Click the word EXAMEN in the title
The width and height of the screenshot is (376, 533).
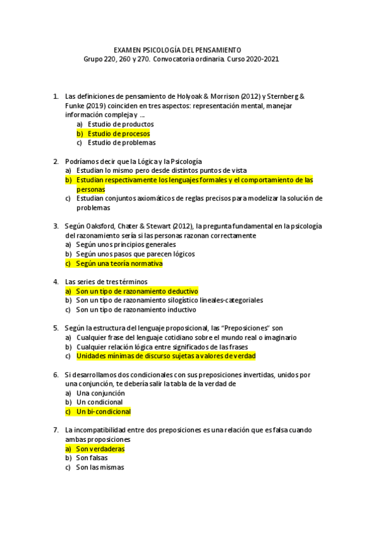coord(127,50)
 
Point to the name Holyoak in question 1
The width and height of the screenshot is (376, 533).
coord(188,97)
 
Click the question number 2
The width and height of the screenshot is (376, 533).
coord(56,162)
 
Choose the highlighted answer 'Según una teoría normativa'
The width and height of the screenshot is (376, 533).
coord(119,263)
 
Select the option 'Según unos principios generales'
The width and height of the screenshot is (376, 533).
coord(126,245)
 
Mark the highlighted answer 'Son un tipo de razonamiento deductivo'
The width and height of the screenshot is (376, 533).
coord(137,292)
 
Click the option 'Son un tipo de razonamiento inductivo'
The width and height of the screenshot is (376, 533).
coord(136,309)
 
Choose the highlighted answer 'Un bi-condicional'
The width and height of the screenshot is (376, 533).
coord(103,412)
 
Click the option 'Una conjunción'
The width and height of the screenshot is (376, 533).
coord(100,393)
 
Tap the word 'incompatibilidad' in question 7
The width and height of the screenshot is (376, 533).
coord(100,430)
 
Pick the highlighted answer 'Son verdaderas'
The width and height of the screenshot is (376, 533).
coord(100,449)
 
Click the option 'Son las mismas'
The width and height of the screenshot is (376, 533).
coord(100,467)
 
